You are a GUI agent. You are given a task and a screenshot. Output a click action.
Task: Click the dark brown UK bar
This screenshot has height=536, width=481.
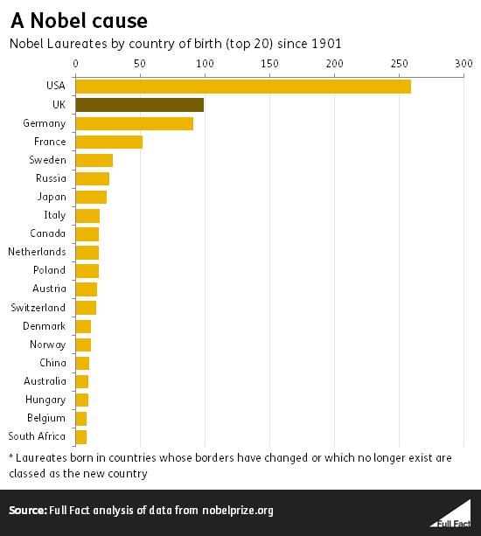click(140, 105)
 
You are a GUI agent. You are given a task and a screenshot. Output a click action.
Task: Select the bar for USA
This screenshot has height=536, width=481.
click(243, 87)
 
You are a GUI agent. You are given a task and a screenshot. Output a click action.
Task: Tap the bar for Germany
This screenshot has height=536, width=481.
click(135, 123)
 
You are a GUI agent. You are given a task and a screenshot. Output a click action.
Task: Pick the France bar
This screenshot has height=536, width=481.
click(109, 142)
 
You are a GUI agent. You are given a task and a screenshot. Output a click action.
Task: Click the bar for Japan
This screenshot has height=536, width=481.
click(91, 197)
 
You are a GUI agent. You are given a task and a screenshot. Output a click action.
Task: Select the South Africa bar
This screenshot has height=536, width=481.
click(81, 435)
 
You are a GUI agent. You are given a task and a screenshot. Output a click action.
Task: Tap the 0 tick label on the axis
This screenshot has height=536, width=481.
click(76, 64)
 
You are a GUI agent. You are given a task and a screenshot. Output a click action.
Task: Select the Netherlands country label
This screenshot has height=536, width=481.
click(37, 252)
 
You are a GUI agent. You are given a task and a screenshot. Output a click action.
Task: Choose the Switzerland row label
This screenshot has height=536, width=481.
click(38, 308)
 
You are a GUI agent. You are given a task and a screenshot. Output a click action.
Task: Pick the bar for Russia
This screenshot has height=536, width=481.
click(93, 178)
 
